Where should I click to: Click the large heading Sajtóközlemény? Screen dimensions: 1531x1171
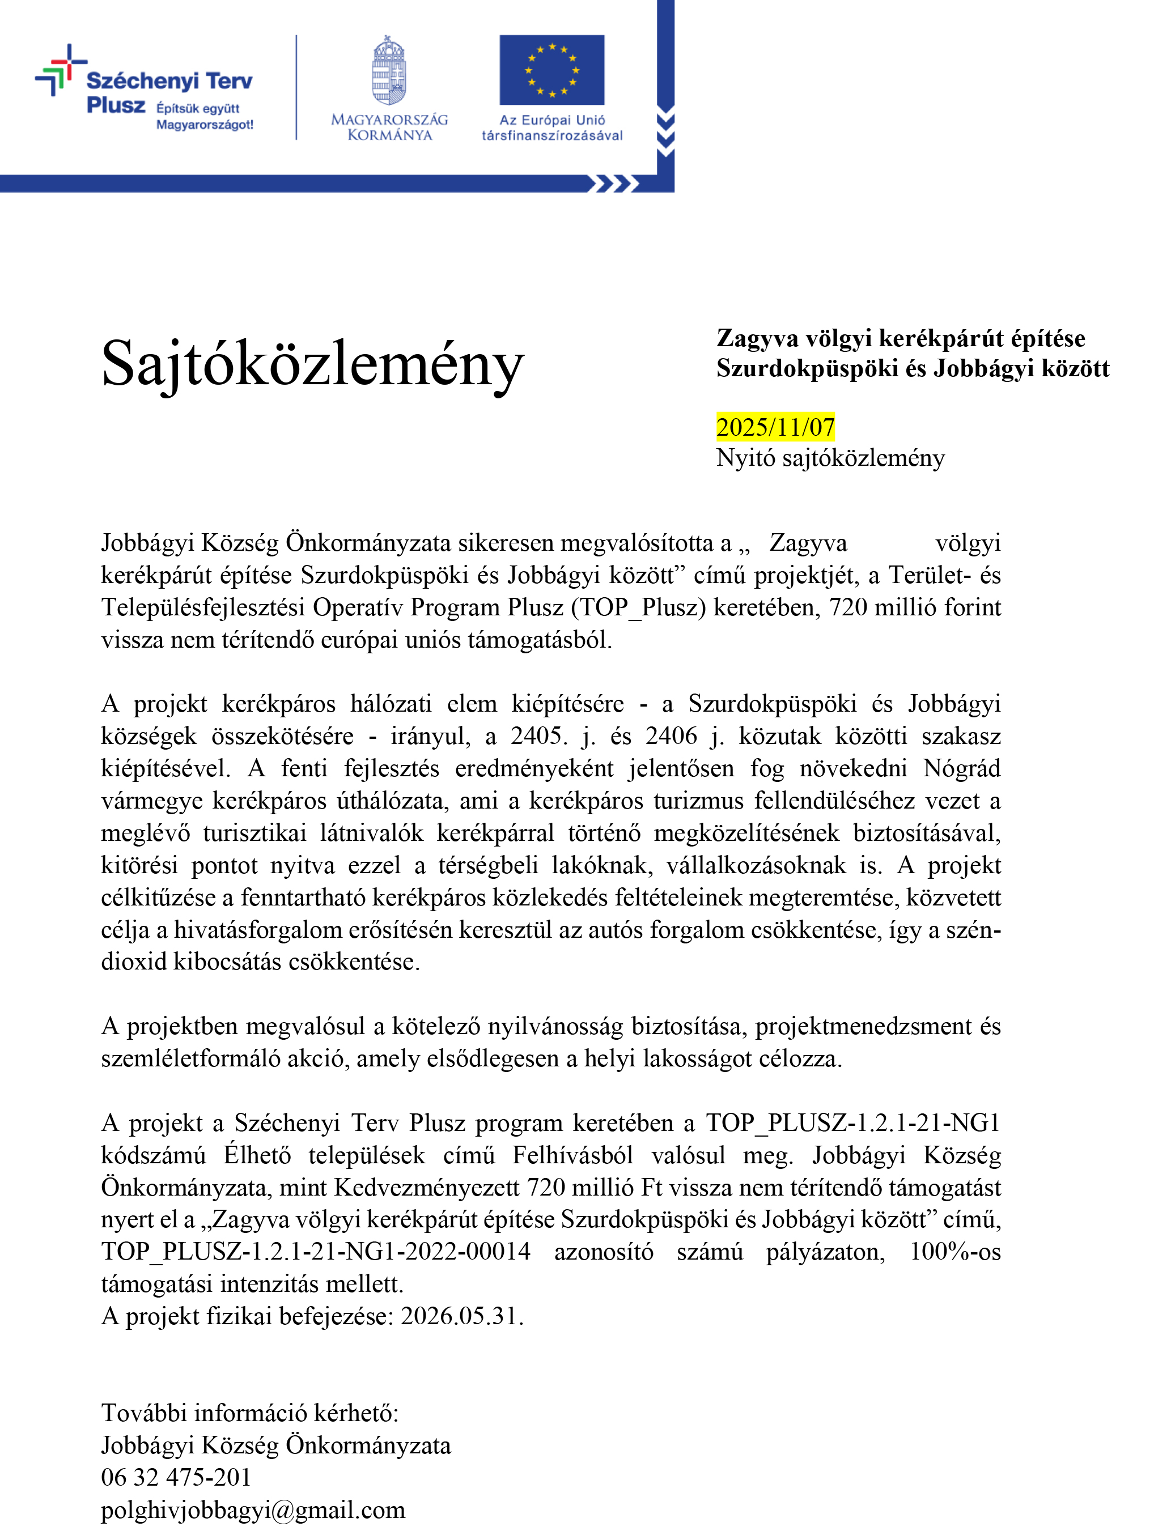[312, 364]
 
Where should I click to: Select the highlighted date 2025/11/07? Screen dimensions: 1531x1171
[775, 427]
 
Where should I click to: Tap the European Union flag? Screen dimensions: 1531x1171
[551, 70]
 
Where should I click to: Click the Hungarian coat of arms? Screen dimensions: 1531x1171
[389, 71]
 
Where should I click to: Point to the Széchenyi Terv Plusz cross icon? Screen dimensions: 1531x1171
[61, 70]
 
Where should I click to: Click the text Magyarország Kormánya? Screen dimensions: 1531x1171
[389, 127]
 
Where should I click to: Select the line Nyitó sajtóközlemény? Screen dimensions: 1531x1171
[830, 458]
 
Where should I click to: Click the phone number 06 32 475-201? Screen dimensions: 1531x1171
[176, 1477]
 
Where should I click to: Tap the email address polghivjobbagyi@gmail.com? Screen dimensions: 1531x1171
[253, 1509]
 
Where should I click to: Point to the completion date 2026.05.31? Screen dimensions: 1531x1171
[461, 1316]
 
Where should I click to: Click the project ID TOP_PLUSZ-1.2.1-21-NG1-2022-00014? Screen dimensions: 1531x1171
[316, 1252]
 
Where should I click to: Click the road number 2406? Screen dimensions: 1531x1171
[671, 736]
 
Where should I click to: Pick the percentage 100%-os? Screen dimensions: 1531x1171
[955, 1252]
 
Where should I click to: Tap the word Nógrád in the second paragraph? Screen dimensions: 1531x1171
[961, 768]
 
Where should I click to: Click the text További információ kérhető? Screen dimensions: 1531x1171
[249, 1413]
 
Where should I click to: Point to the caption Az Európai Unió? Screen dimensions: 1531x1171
[552, 120]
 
